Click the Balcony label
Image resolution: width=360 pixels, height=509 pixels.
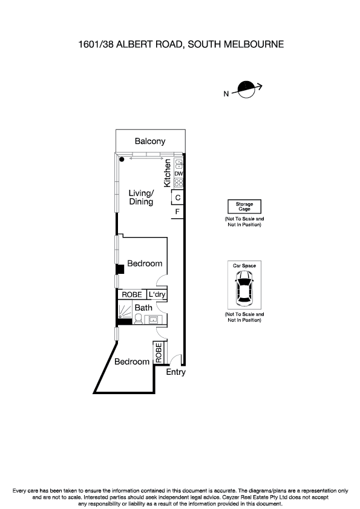(x=149, y=141)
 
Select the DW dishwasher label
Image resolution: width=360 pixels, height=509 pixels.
(x=179, y=174)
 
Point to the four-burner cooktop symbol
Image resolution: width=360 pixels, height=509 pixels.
(x=179, y=182)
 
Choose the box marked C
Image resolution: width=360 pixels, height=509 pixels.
(x=178, y=198)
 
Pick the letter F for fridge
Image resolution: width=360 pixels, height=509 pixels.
(x=178, y=212)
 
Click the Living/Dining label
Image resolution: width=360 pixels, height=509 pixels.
(x=141, y=198)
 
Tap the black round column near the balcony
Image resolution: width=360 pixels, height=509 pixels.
(x=122, y=160)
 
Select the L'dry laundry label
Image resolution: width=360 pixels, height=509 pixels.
(x=157, y=294)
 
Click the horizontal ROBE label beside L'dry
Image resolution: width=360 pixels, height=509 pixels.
(x=132, y=294)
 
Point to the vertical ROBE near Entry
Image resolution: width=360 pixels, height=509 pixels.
(x=159, y=353)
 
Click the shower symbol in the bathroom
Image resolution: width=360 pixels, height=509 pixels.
(x=124, y=311)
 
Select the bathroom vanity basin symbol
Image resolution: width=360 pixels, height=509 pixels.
(x=152, y=319)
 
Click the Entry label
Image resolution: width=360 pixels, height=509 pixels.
(x=175, y=372)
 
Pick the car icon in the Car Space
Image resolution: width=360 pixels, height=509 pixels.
(x=244, y=287)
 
